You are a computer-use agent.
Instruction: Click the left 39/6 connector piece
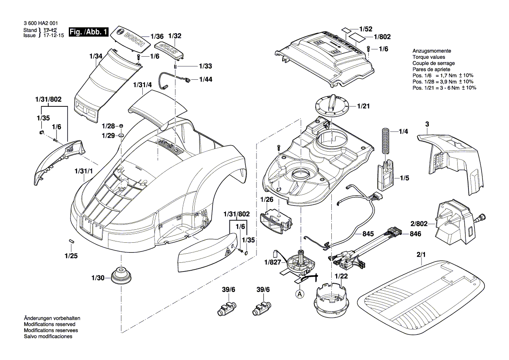pyautogui.click(x=226, y=308)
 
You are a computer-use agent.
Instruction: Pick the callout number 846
pyautogui.click(x=415, y=234)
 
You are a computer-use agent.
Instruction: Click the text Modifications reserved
pyautogui.click(x=50, y=325)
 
